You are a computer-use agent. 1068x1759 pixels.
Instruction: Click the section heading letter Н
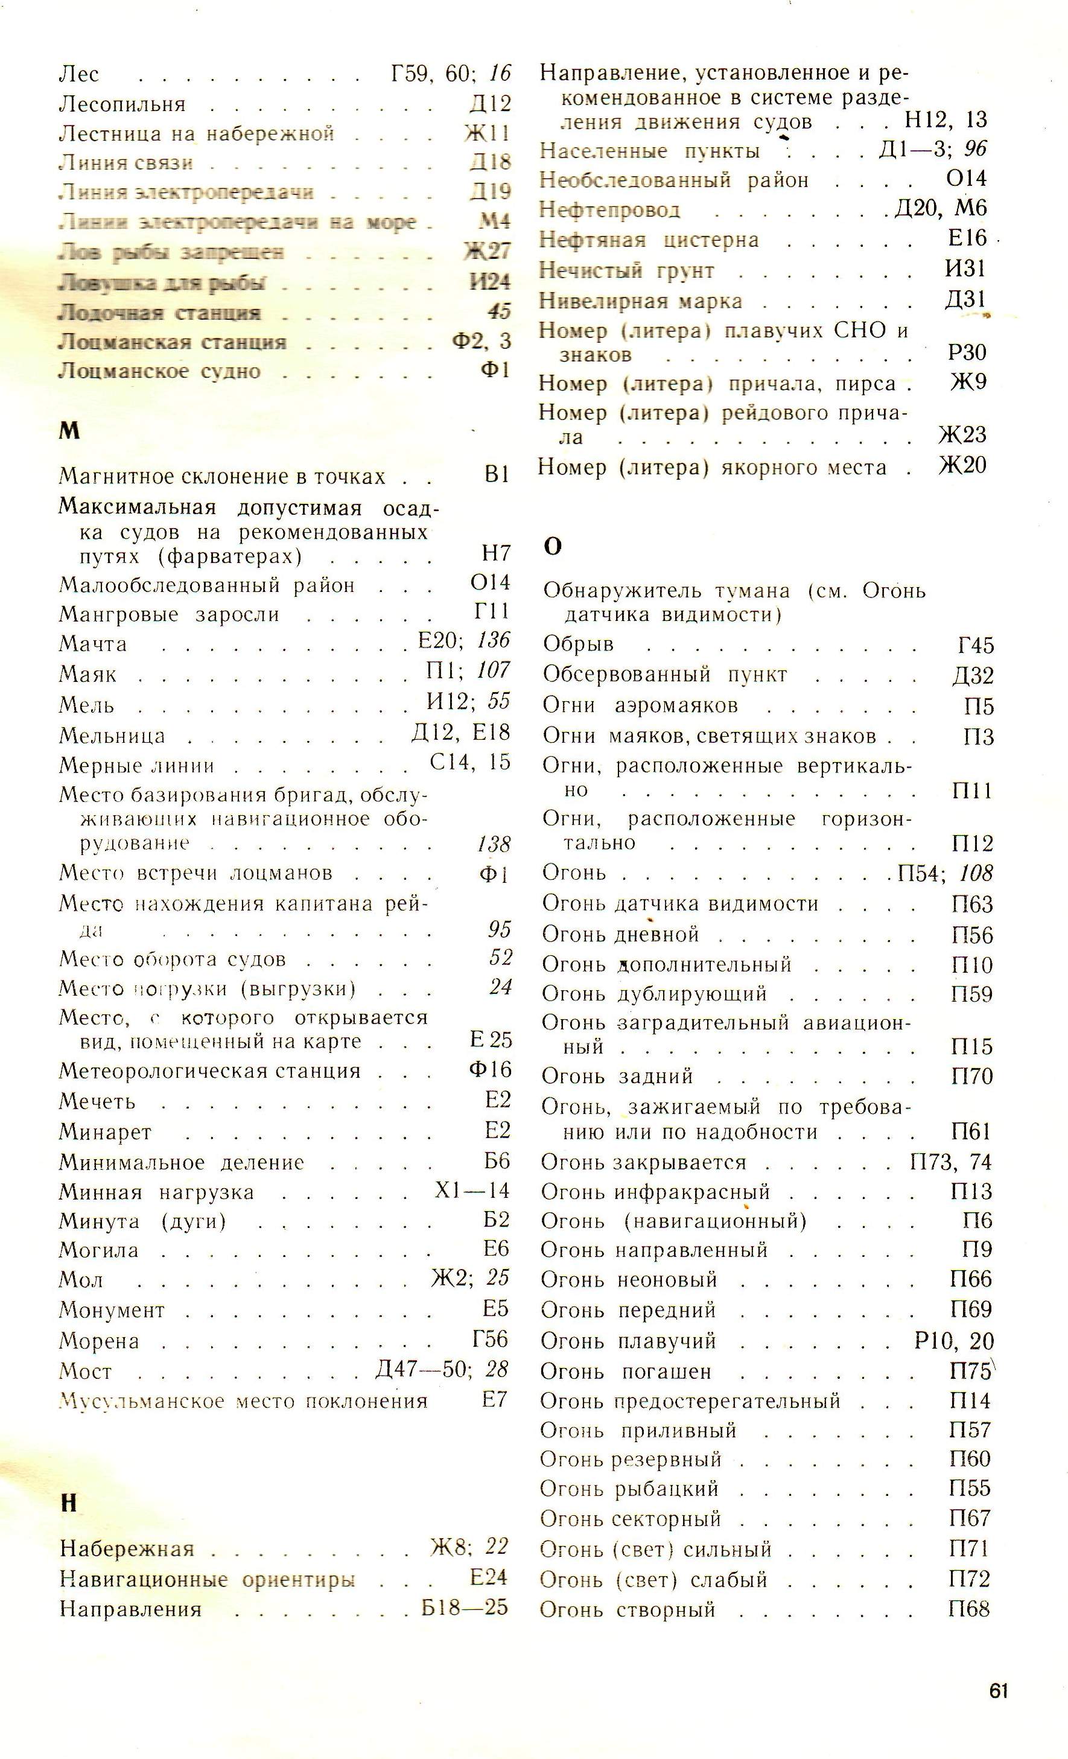69,1503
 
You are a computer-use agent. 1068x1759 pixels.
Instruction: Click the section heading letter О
553,546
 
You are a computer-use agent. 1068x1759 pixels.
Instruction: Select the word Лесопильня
122,104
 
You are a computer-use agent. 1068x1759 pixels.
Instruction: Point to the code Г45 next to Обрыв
975,644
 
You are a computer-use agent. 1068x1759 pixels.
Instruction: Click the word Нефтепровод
609,210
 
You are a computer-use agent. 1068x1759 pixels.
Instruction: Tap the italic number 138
494,845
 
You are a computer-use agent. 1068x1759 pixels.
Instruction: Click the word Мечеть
97,1101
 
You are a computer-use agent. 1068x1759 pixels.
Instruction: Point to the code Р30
967,352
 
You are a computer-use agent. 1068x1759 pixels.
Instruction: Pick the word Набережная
127,1548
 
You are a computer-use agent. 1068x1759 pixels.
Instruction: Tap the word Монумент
112,1310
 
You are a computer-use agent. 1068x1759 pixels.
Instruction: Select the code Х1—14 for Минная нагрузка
472,1191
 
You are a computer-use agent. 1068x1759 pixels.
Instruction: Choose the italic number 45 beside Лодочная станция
499,311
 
